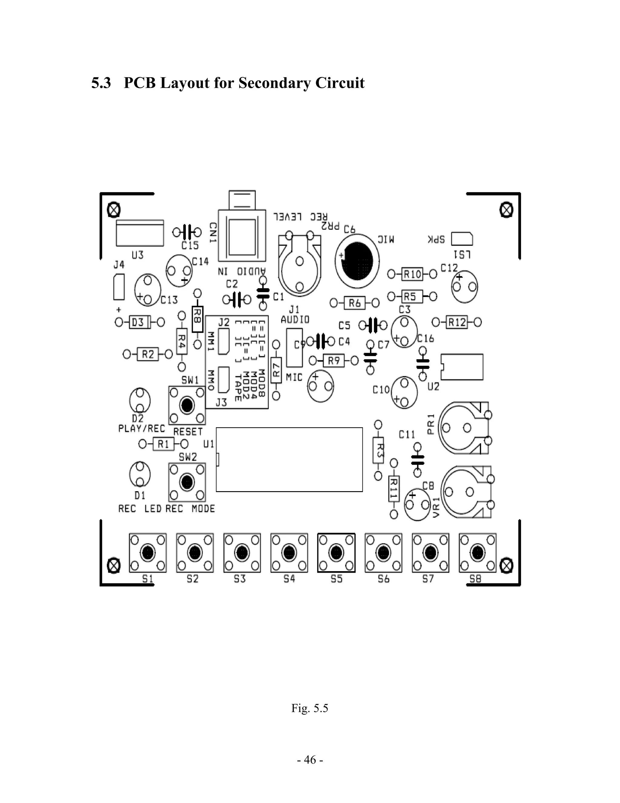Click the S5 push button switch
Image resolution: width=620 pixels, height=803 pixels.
coord(336,553)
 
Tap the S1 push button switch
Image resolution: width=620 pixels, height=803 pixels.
coord(148,553)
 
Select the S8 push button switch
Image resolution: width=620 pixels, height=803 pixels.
coord(477,553)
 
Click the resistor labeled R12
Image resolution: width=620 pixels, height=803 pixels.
coord(457,322)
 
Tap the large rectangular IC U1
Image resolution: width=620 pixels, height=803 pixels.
coord(289,459)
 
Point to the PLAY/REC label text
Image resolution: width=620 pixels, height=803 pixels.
coord(142,429)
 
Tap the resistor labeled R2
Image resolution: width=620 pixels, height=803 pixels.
coord(148,355)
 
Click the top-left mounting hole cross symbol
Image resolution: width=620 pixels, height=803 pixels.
coord(114,210)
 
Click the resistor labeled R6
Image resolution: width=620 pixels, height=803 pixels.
coord(355,303)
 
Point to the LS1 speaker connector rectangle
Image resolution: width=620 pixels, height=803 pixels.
coord(462,239)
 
